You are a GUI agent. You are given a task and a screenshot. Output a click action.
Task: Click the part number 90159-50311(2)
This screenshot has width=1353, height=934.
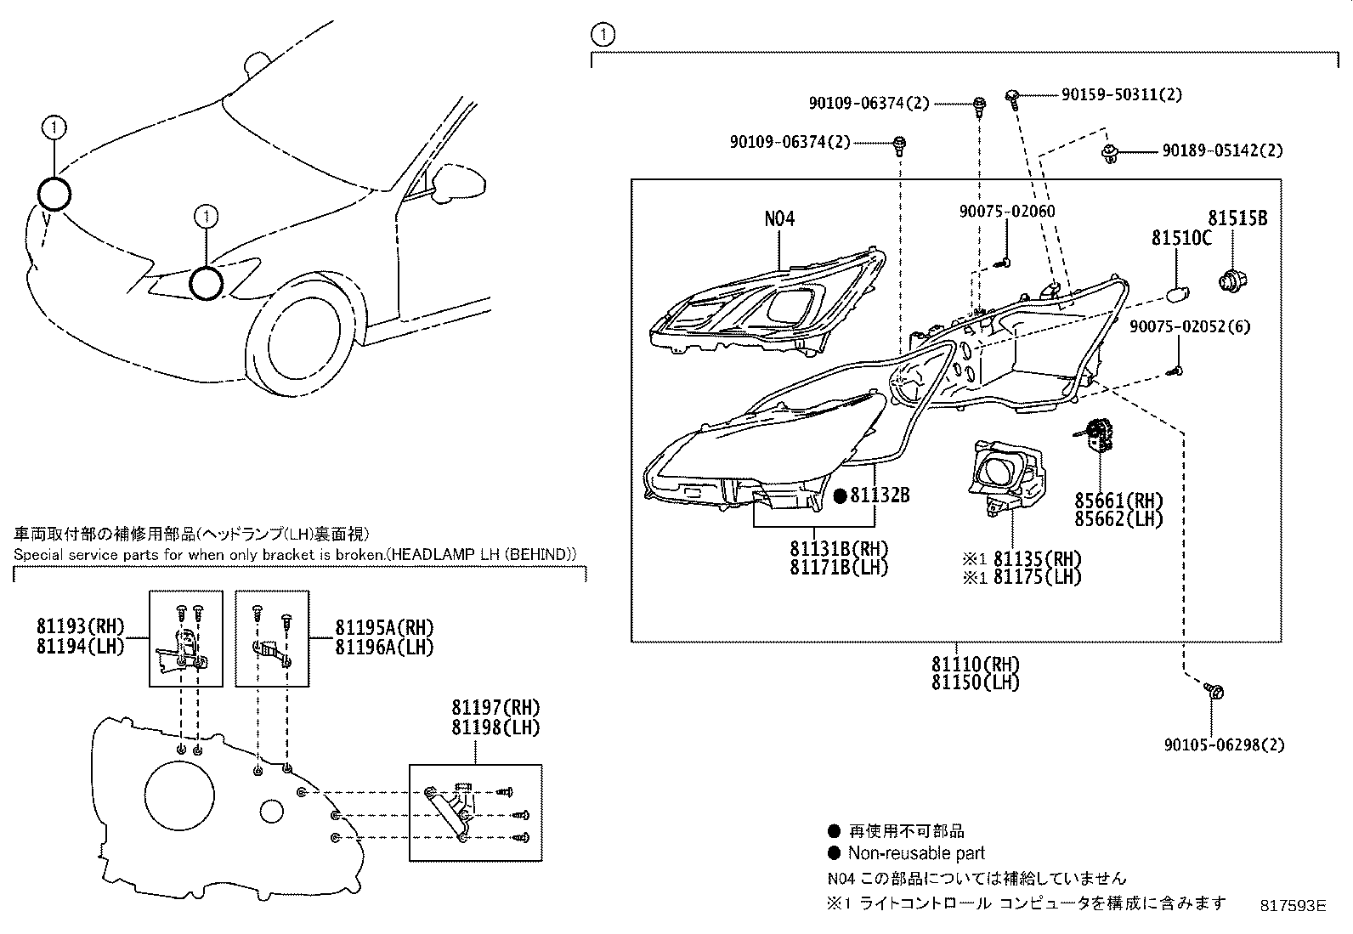click(1121, 95)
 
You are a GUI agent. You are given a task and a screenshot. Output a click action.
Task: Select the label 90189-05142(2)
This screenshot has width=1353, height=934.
click(1222, 151)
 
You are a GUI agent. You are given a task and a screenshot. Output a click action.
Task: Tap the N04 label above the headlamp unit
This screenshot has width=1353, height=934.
click(779, 218)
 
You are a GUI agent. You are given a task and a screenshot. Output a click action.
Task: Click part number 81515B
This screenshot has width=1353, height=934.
click(1238, 218)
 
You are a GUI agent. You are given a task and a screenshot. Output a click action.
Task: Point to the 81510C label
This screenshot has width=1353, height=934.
click(1181, 238)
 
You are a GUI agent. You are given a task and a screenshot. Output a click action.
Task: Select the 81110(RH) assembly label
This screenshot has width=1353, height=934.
click(975, 664)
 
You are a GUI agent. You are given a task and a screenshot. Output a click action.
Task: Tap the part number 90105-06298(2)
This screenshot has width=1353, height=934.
click(1224, 745)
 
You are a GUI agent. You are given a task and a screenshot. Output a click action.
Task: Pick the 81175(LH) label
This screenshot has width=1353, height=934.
click(1037, 577)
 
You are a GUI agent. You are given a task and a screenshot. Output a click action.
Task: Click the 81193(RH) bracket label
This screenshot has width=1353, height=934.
click(80, 627)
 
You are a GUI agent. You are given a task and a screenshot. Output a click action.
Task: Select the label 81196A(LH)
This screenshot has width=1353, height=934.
click(383, 646)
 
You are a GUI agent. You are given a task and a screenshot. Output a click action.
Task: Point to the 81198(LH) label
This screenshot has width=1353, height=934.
click(495, 727)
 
